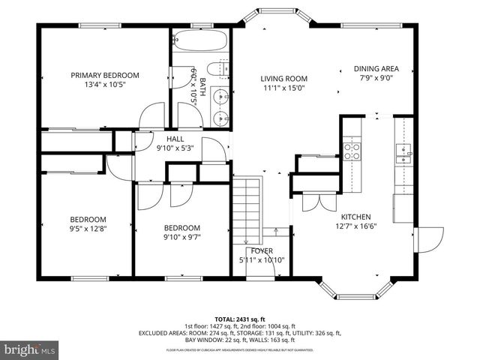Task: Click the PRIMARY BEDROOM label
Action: point(105,75)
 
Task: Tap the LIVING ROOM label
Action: point(284,78)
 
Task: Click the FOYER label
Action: point(262,250)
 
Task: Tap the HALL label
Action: point(175,138)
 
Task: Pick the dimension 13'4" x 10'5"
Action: point(105,85)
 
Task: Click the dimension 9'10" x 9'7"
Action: point(182,238)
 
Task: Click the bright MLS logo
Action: point(31,349)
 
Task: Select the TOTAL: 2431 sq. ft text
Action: point(240,319)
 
